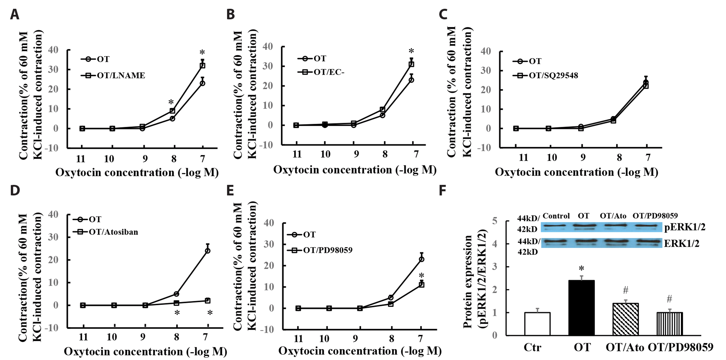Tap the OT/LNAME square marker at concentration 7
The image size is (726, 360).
(x=202, y=65)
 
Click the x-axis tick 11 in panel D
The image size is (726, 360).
(x=83, y=337)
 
